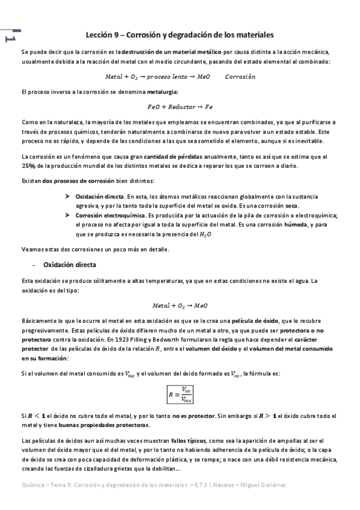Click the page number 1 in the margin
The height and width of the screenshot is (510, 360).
click(10, 37)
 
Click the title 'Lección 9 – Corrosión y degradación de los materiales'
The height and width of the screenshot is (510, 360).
click(180, 34)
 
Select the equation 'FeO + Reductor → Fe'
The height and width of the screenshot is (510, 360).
click(180, 106)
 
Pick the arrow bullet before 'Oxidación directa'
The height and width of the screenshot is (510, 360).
click(67, 196)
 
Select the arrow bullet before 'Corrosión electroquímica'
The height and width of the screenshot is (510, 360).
click(67, 216)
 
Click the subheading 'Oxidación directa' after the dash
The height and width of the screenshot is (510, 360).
click(70, 265)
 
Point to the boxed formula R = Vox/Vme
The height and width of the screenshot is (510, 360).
click(180, 395)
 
